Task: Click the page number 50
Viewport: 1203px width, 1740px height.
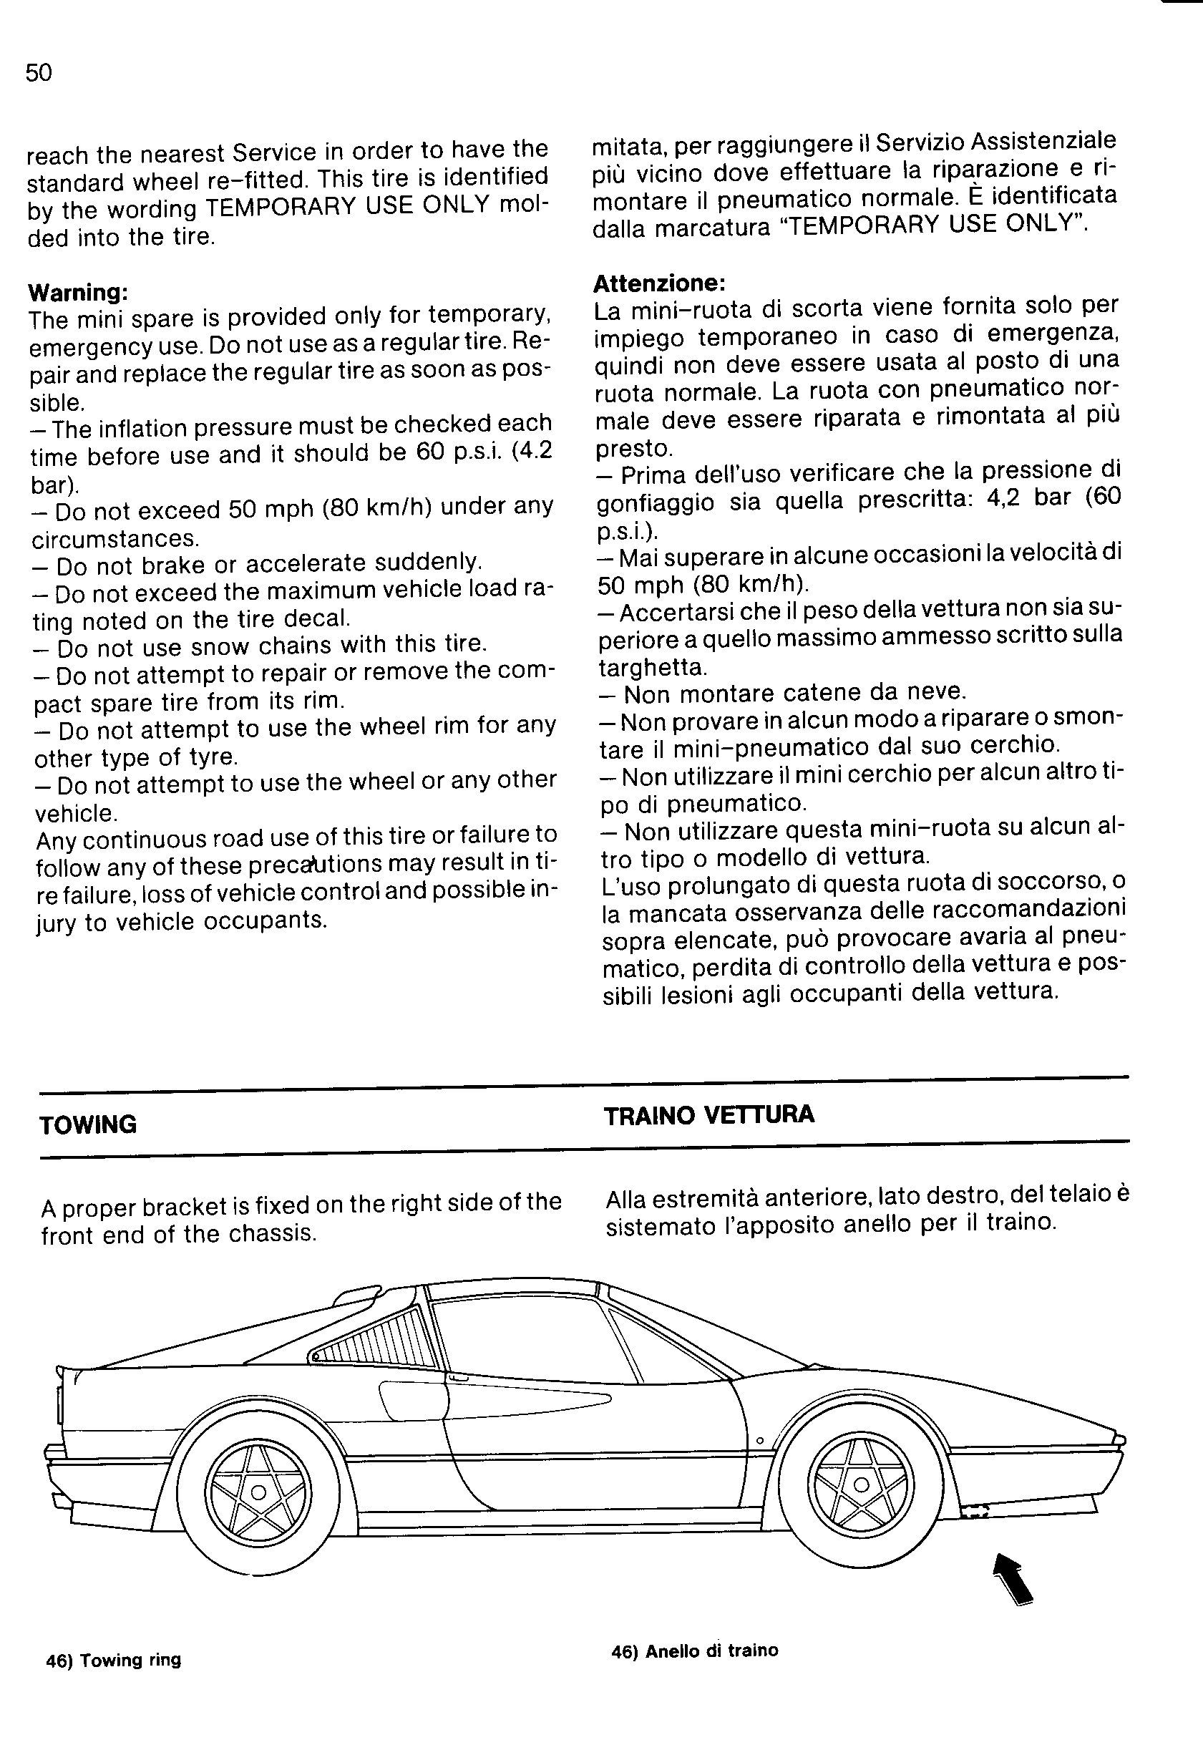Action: [x=39, y=73]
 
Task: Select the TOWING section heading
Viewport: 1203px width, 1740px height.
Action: [x=88, y=1125]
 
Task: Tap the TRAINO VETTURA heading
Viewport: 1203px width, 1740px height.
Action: [x=708, y=1115]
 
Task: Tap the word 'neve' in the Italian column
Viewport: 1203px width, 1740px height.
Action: [x=938, y=691]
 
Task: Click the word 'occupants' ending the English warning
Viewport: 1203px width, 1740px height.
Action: [x=260, y=920]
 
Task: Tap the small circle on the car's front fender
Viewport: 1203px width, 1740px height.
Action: [x=760, y=1442]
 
